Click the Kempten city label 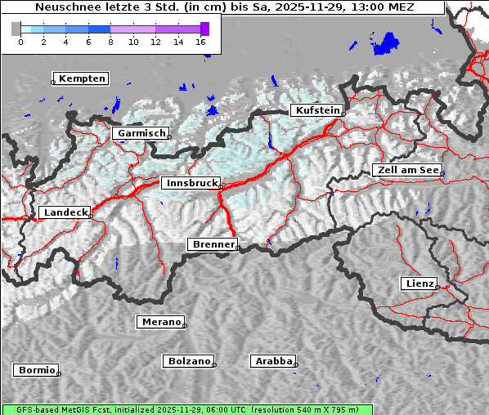82,78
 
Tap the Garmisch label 141,133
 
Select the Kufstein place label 316,110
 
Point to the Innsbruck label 191,184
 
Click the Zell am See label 406,170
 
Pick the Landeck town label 65,212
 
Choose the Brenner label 213,244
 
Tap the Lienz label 419,283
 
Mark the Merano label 160,322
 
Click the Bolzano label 189,361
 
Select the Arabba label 273,361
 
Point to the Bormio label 37,370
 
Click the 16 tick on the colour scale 201,41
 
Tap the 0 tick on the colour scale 20,41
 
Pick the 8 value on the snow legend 110,41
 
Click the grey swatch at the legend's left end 16,29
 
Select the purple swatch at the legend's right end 204,29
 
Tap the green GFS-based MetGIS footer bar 186,409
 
